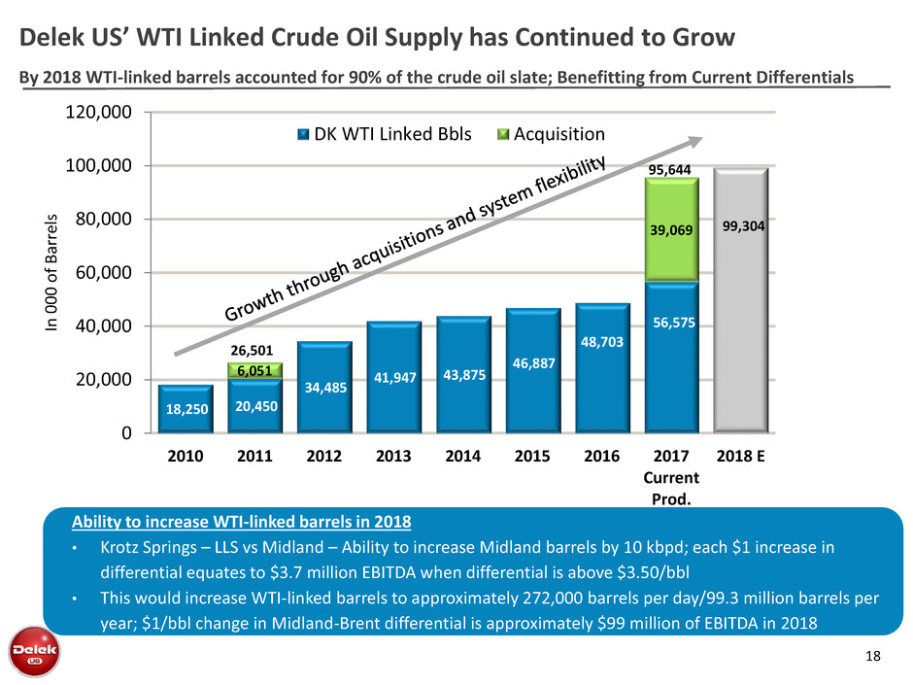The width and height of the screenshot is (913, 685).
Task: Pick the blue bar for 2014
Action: tap(464, 374)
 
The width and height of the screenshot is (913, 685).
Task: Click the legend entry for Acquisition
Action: tap(559, 134)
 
